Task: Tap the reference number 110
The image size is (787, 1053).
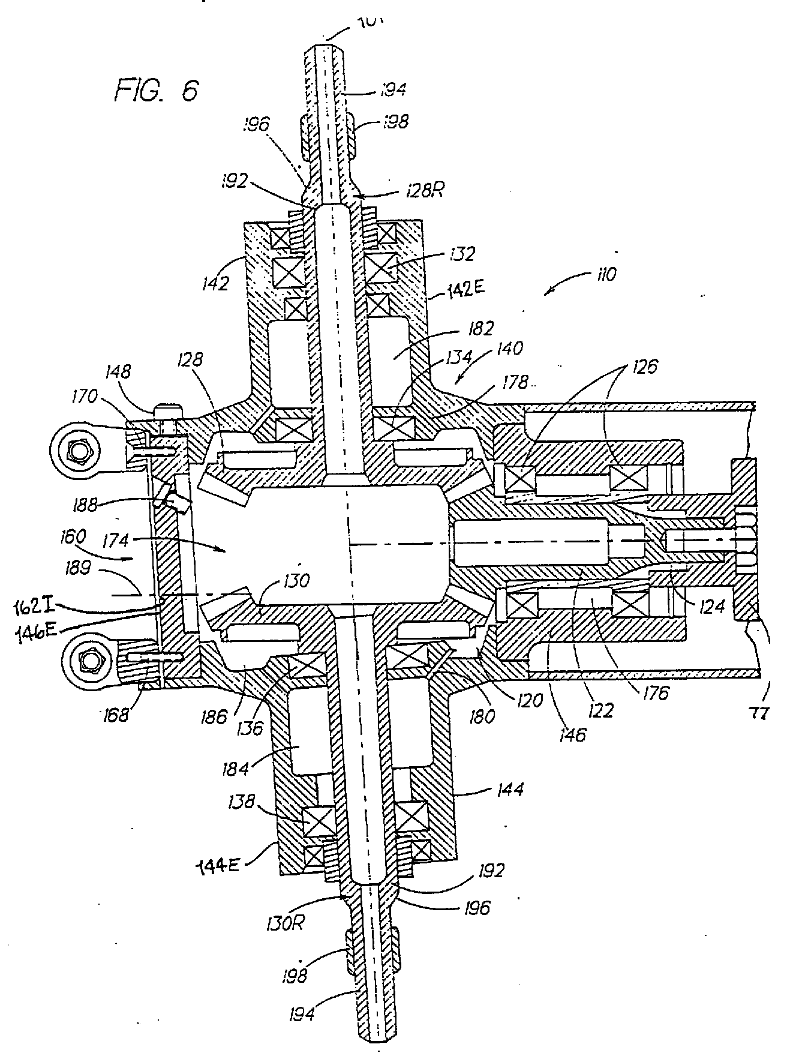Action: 605,275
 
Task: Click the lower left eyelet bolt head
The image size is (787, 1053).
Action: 90,661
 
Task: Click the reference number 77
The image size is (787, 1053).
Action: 759,714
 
